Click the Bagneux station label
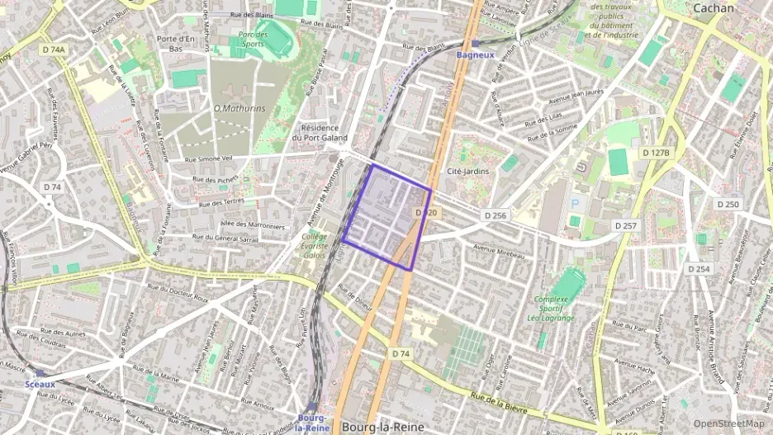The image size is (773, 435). [x=475, y=54]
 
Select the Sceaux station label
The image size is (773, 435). [x=40, y=384]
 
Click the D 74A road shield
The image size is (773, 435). [x=54, y=50]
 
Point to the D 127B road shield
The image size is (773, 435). [x=657, y=153]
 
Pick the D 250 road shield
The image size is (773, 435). [x=728, y=204]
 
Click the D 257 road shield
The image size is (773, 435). [x=626, y=225]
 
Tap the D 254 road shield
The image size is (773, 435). [x=699, y=269]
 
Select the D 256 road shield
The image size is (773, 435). [x=493, y=215]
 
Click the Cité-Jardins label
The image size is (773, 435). [x=467, y=171]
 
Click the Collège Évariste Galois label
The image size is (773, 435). [x=314, y=245]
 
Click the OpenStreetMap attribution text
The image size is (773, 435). [x=729, y=423]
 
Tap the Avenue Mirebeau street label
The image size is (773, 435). [x=499, y=251]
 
